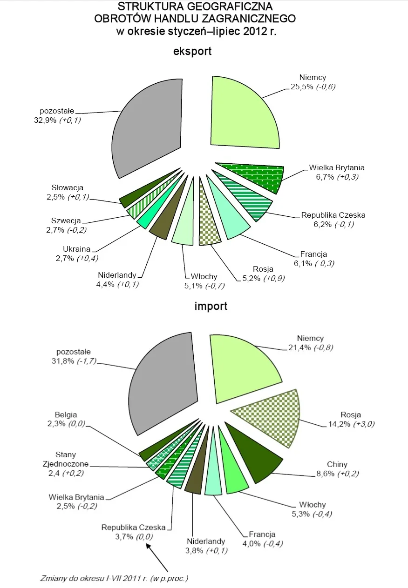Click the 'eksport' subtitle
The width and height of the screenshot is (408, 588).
192,51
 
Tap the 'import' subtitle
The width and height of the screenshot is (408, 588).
211,306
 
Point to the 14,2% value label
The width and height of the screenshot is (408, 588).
333,424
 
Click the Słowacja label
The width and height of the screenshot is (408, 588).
68,188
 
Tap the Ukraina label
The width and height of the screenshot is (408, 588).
77,249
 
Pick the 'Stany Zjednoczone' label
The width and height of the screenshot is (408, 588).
65,459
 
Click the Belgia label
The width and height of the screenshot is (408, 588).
66,414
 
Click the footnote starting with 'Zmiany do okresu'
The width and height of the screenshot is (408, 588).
114,579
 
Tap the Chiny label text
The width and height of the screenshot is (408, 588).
337,464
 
